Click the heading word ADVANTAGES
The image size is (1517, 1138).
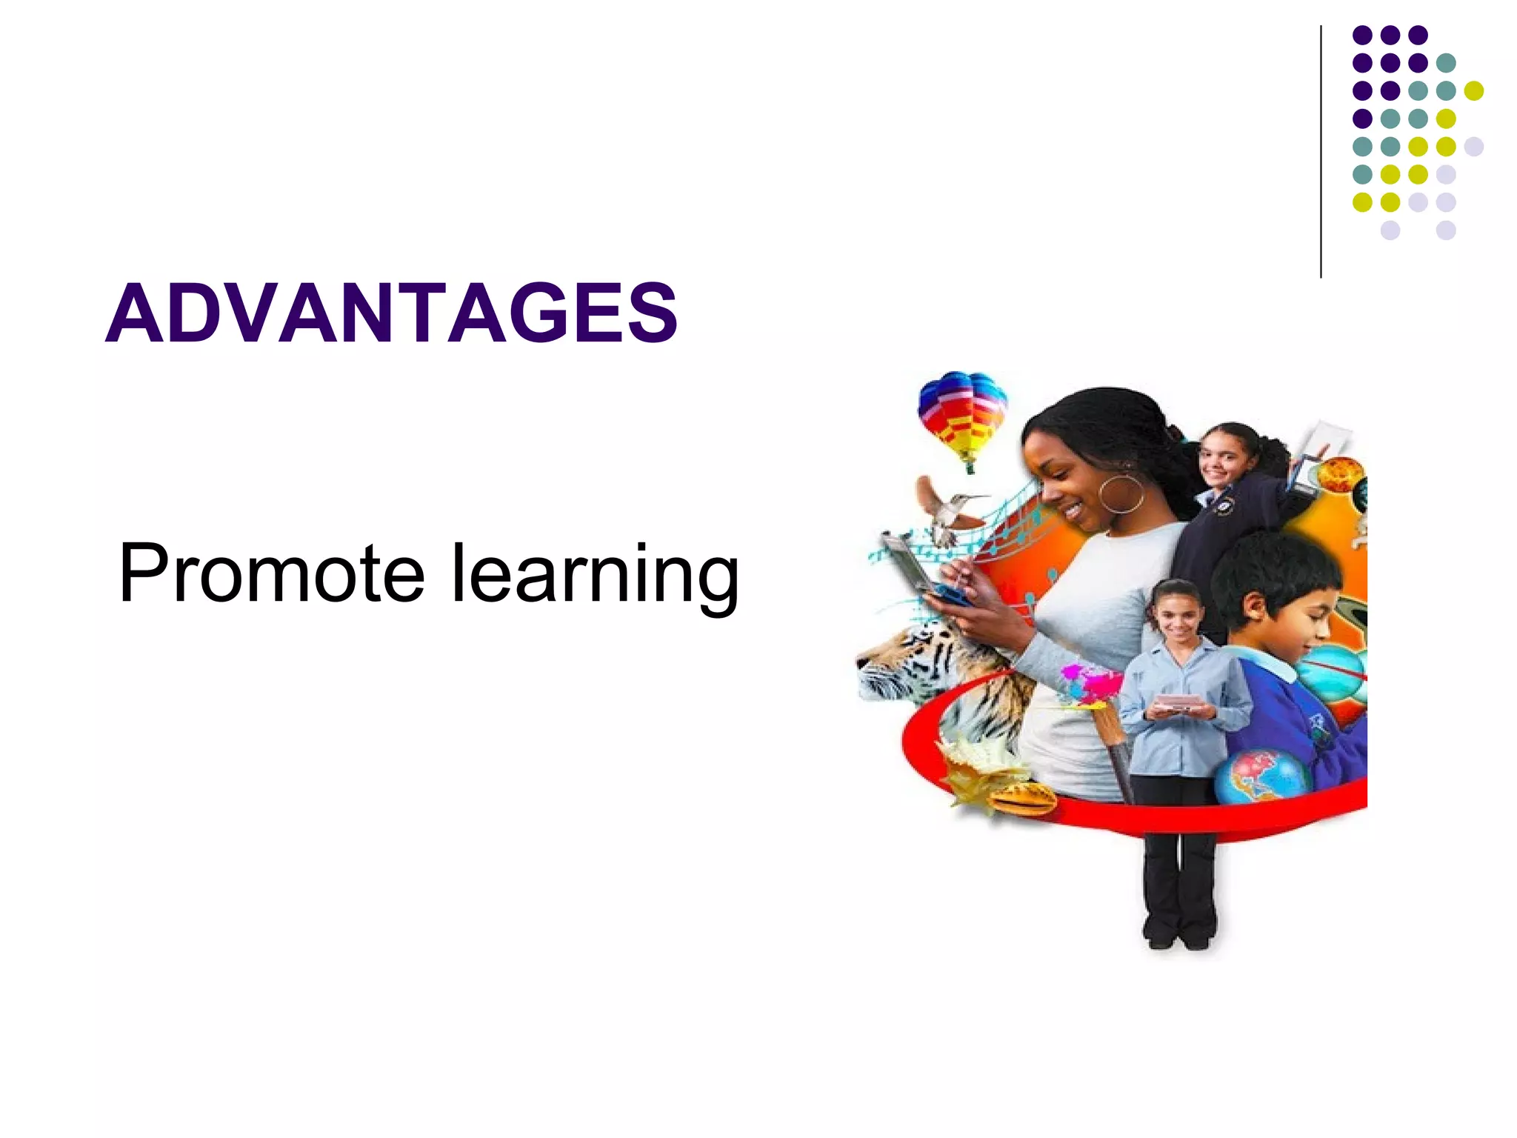pos(391,313)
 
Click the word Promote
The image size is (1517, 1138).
pos(271,573)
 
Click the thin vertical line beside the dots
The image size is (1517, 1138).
pos(1321,152)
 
